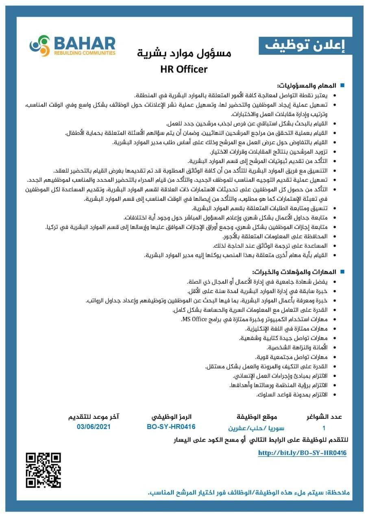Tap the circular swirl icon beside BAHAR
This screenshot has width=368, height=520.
pos(39,45)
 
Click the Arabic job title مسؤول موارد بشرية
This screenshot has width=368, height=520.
pos(184,53)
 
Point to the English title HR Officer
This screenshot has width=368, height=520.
pos(184,69)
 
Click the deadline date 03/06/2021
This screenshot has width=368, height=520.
pos(94,427)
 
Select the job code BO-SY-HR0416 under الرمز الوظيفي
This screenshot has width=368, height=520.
pos(171,427)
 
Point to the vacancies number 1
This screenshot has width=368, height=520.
pos(324,427)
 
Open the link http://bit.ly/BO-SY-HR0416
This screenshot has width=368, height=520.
pos(302,453)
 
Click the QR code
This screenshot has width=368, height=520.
pos(44,470)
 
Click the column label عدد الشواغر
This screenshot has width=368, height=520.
pos(324,417)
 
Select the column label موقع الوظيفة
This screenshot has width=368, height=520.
pos(251,417)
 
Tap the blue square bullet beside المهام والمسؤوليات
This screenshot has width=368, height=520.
pos(342,86)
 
